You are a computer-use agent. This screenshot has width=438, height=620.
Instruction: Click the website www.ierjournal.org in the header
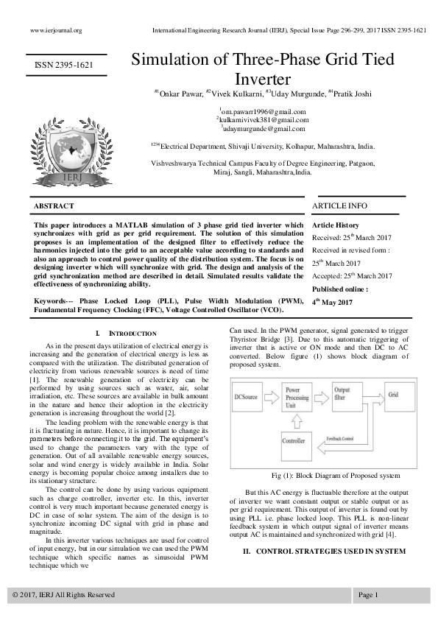click(x=56, y=30)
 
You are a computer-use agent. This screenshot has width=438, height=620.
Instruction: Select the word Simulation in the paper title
click(x=174, y=61)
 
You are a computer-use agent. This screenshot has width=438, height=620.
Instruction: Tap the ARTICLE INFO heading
click(x=340, y=205)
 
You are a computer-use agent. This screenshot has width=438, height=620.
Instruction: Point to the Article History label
click(x=336, y=224)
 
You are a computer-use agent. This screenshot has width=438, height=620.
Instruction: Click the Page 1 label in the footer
click(x=369, y=594)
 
